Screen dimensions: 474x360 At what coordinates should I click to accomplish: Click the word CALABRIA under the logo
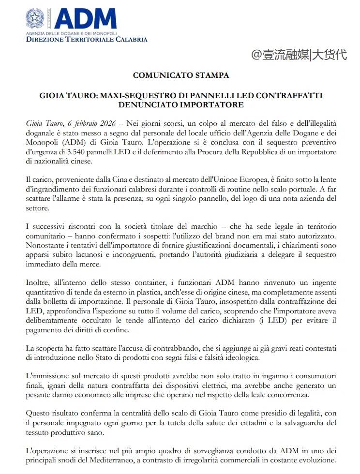click(129, 40)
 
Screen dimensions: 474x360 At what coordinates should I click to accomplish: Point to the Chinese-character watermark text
click(299, 54)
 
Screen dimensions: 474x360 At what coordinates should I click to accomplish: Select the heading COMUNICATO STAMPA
click(180, 75)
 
